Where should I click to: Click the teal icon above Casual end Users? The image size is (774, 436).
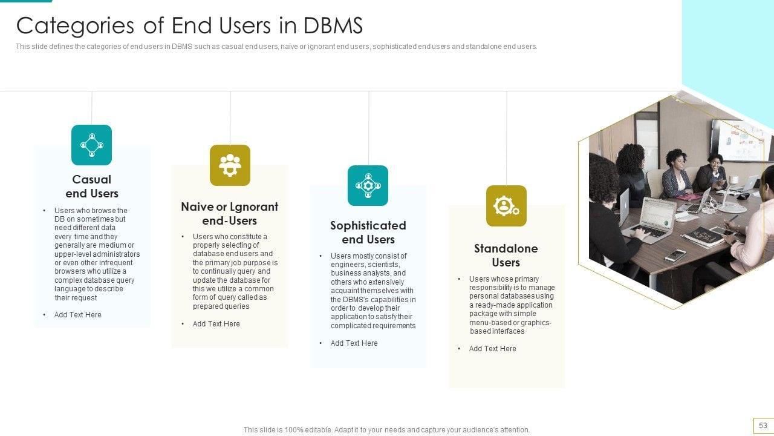point(91,145)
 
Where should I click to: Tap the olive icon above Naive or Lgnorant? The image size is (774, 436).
point(230,165)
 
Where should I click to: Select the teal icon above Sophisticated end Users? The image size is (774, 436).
point(368,185)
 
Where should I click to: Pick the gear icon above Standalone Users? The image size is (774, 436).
point(506,206)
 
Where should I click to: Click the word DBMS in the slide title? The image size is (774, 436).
point(333,25)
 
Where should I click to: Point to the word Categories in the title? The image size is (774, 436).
point(75,25)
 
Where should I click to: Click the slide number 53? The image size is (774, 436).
point(763,425)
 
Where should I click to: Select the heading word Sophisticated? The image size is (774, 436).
point(368,225)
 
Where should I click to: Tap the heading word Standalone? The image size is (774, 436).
point(506,248)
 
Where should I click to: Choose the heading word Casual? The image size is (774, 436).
point(92,179)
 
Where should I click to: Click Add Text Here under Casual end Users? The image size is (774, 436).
point(78,315)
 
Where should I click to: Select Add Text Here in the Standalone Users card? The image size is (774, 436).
point(493,349)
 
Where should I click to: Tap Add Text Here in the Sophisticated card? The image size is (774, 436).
point(354,343)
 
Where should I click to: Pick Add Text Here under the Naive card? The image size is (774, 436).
point(216,324)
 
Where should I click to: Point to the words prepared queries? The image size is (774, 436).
point(221,306)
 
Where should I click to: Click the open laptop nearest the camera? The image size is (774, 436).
point(656,218)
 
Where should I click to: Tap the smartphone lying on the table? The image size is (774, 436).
point(675,256)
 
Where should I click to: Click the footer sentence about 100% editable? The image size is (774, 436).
point(387,430)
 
